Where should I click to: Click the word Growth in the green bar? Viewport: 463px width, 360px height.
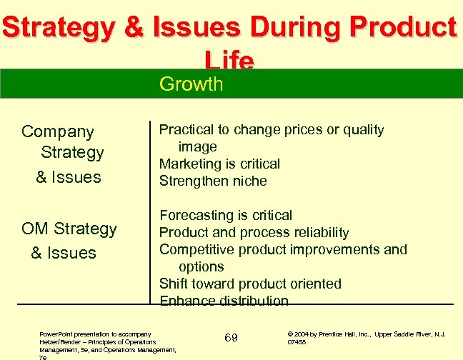(x=191, y=84)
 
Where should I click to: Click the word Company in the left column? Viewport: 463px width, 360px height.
(x=58, y=131)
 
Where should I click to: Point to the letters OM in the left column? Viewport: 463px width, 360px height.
(x=35, y=229)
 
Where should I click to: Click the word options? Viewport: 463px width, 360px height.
(x=201, y=266)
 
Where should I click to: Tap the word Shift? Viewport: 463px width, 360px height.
(x=173, y=284)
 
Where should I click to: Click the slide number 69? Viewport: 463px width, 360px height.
(x=231, y=337)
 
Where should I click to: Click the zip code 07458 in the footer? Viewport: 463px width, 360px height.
(x=297, y=342)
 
